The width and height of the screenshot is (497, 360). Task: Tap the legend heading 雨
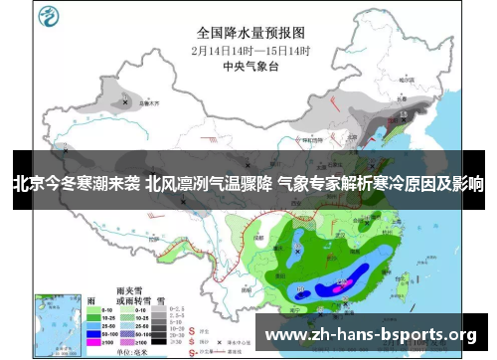[92, 298]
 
